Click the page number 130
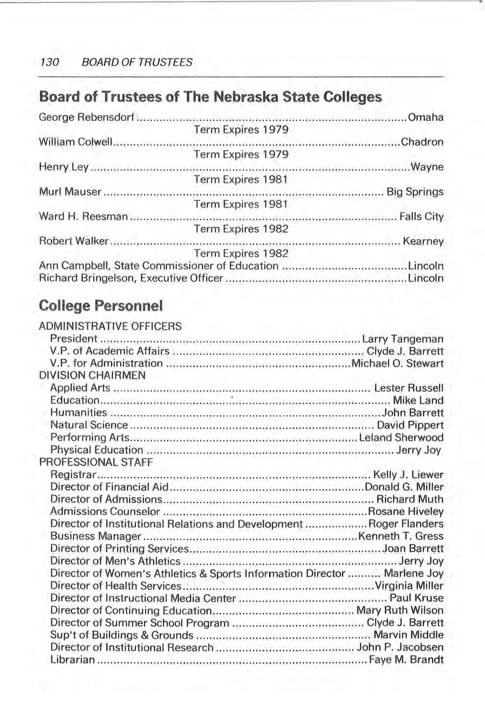click(50, 62)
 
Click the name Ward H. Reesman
click(83, 217)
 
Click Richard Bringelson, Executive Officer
click(131, 279)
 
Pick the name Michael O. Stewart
click(398, 363)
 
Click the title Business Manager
click(95, 536)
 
